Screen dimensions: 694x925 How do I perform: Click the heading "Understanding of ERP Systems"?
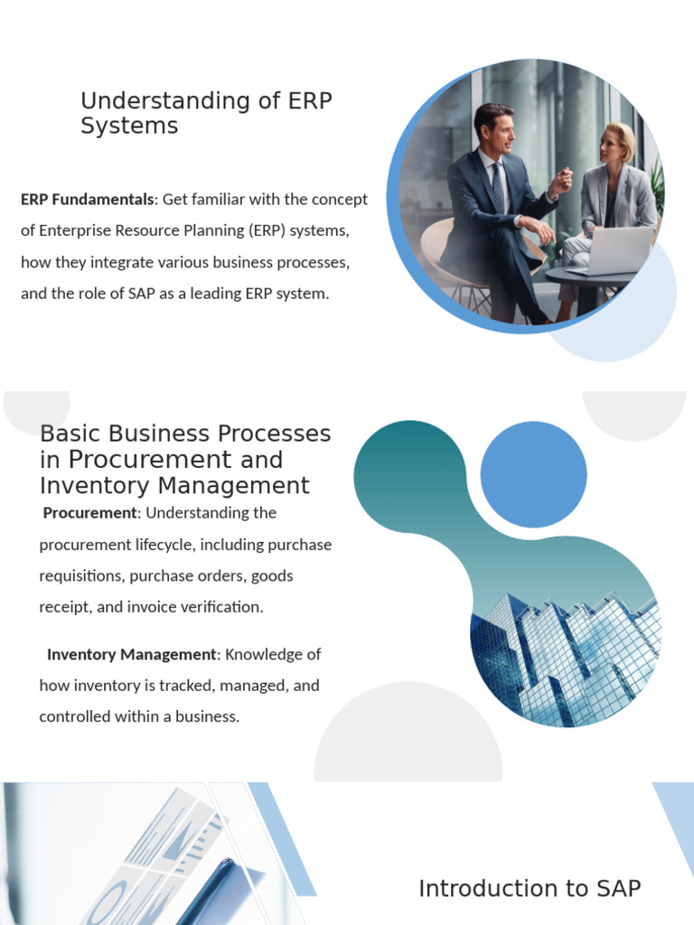[206, 113]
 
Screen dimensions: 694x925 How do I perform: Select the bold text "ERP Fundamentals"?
[87, 199]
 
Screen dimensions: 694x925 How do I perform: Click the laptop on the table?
[614, 249]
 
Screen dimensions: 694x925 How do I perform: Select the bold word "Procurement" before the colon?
[89, 513]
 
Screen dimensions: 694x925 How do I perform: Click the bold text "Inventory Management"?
[132, 654]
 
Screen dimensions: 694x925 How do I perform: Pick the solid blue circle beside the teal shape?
[533, 474]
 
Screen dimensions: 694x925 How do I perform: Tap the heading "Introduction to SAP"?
[530, 889]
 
